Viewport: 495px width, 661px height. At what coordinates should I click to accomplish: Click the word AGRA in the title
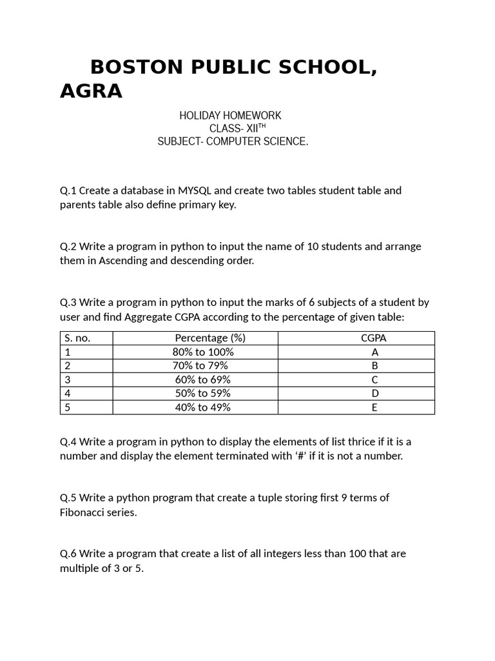pos(91,92)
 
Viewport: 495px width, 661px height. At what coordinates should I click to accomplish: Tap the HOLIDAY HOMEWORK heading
pos(230,116)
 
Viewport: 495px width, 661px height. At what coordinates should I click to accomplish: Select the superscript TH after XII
pos(261,126)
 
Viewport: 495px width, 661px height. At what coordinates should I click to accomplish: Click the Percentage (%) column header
pos(210,338)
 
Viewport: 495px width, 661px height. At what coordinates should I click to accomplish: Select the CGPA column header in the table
pos(374,338)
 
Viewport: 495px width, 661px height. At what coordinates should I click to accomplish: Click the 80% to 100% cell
pos(203,352)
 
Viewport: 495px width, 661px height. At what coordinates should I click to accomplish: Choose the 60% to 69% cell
pos(202,380)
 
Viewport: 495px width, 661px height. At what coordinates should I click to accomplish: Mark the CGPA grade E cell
pos(374,407)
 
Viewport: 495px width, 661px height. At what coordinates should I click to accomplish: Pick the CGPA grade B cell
pos(374,366)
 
